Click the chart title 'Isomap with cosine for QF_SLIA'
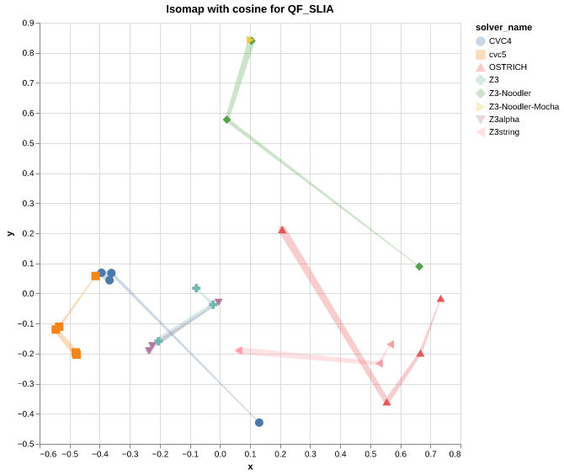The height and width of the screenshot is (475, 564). click(250, 9)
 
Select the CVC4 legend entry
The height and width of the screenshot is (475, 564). click(500, 40)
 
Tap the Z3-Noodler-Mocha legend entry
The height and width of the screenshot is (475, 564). click(524, 106)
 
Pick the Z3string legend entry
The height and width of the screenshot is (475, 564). click(503, 132)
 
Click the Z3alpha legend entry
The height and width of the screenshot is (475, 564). click(503, 119)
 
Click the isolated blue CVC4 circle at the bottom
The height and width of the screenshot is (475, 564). click(259, 423)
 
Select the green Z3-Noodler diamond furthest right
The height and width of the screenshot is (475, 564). click(419, 267)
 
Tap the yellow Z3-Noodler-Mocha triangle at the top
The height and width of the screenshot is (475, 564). click(250, 40)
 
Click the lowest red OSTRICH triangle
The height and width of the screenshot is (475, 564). click(386, 403)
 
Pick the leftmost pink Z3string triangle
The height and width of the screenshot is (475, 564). click(239, 350)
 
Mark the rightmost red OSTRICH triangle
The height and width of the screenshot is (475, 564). click(440, 299)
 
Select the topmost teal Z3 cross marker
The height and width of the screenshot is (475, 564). click(196, 288)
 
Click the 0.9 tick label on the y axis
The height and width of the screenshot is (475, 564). click(29, 24)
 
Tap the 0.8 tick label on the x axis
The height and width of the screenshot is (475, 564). click(455, 455)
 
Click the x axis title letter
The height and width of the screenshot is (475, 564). click(250, 467)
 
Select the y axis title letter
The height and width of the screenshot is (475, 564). click(10, 233)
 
